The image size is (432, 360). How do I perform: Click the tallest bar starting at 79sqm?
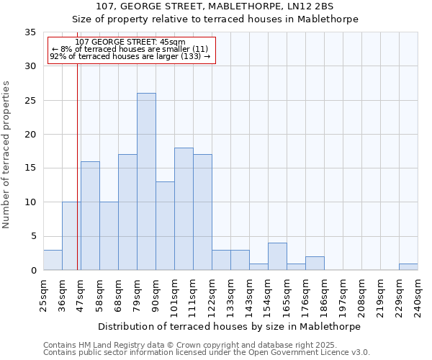pos(146,181)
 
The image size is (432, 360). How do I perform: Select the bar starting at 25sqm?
pos(53,260)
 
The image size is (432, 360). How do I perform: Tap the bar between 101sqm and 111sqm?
pos(184,209)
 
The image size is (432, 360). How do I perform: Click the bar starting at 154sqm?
pos(277,256)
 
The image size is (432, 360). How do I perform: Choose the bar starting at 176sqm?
pos(315,264)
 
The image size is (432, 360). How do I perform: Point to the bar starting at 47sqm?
pos(90,216)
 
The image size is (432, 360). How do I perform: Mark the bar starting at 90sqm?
pos(165,226)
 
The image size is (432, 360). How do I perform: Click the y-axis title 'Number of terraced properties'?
pos(6,155)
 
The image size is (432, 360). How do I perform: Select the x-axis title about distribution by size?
pos(229,326)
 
